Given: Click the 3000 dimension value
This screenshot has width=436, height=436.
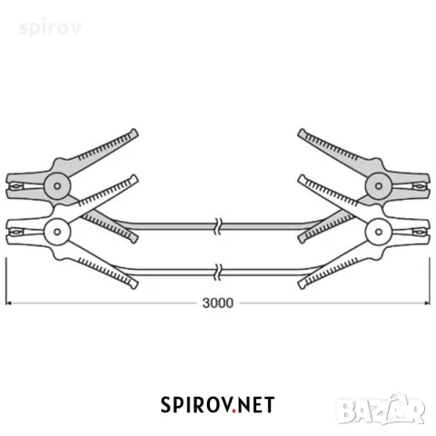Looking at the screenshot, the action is (x=218, y=303).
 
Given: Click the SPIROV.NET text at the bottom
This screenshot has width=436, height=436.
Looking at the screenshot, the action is (x=217, y=405).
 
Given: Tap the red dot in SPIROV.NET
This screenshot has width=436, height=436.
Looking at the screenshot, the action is (x=234, y=411).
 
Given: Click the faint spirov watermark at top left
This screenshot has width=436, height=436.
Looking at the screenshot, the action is (x=50, y=28).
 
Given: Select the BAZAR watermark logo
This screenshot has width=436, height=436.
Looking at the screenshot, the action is (x=381, y=410).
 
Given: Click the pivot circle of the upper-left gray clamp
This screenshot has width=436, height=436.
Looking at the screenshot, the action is (x=57, y=186).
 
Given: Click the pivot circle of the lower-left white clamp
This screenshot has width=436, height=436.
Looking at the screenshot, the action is (x=57, y=232).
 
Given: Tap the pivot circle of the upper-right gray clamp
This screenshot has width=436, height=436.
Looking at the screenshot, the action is (x=379, y=186).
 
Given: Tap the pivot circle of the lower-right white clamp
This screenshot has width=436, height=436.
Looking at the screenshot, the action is (x=379, y=232).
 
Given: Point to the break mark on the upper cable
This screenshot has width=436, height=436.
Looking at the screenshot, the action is (x=218, y=226).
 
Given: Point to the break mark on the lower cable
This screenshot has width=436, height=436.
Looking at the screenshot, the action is (x=218, y=272).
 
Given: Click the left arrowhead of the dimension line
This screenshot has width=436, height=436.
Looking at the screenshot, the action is (x=8, y=303).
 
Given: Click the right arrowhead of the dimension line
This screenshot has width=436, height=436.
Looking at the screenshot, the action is (x=427, y=303).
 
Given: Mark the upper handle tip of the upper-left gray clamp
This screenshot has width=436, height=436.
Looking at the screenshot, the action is (x=134, y=133).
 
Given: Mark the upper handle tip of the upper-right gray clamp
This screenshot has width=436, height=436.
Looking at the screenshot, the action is (x=302, y=133).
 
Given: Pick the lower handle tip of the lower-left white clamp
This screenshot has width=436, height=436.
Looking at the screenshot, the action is (x=134, y=285).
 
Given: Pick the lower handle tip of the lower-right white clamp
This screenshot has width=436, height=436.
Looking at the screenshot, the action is (x=302, y=285).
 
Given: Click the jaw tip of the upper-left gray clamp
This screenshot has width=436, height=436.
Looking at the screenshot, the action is (x=7, y=186).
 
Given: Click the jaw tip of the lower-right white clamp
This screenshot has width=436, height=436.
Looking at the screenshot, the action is (x=429, y=232).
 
